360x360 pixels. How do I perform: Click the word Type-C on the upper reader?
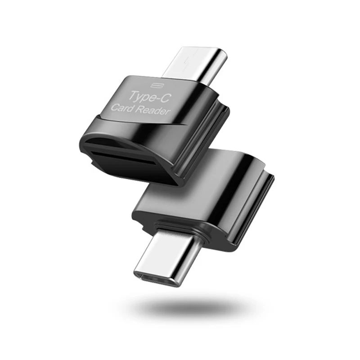(x=150, y=97)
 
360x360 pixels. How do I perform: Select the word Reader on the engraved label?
(x=152, y=110)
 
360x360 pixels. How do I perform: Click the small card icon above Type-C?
(x=157, y=85)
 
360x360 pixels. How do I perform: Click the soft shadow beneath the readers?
(x=195, y=306)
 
